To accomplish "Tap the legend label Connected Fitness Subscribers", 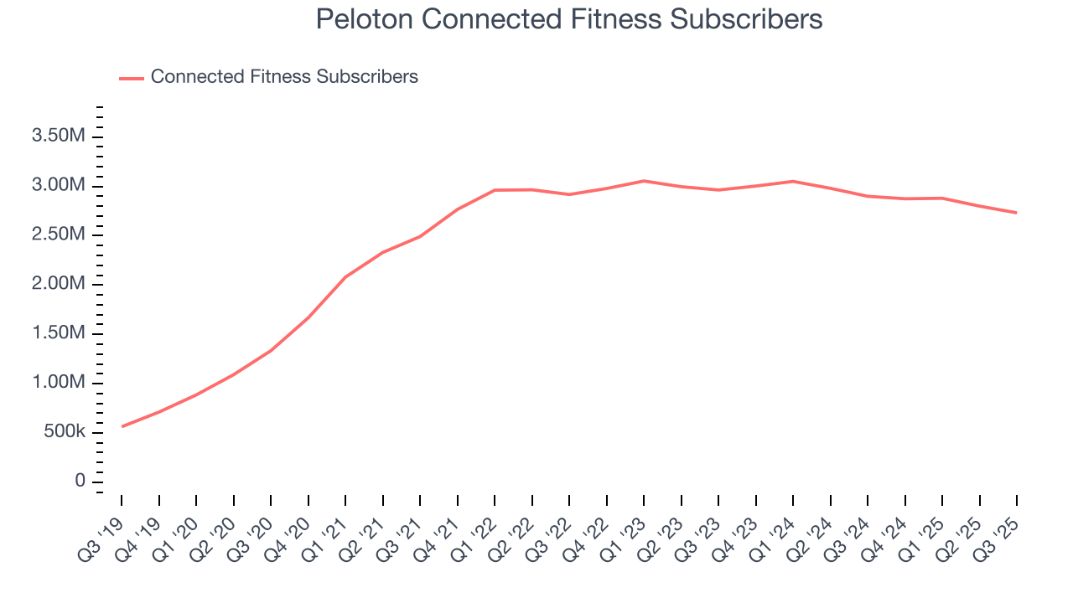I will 284,77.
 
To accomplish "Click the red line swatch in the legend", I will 132,78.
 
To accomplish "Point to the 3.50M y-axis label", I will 59,137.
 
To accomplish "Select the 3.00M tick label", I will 59,185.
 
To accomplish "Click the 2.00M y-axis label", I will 59,284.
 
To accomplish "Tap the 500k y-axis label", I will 64,432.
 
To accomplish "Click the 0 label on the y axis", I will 80,481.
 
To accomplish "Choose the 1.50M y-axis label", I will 59,333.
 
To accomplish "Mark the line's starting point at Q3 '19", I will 122,426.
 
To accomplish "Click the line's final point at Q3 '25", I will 1017,213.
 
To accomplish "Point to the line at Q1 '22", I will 495,190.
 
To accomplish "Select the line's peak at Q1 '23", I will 644,181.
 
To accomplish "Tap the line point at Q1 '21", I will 345,276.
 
